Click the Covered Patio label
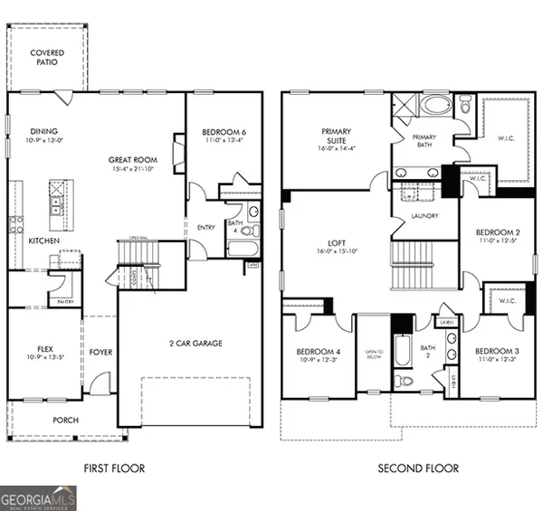click(x=45, y=59)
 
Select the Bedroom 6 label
click(x=224, y=132)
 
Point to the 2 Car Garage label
click(x=196, y=343)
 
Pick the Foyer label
click(x=100, y=352)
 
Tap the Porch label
click(x=65, y=421)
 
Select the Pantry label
click(x=65, y=300)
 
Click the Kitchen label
click(x=44, y=241)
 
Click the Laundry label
click(x=424, y=216)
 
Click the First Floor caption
click(x=113, y=468)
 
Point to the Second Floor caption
click(x=419, y=468)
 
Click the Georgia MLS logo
click(x=38, y=498)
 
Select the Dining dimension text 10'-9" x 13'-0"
click(x=45, y=141)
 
